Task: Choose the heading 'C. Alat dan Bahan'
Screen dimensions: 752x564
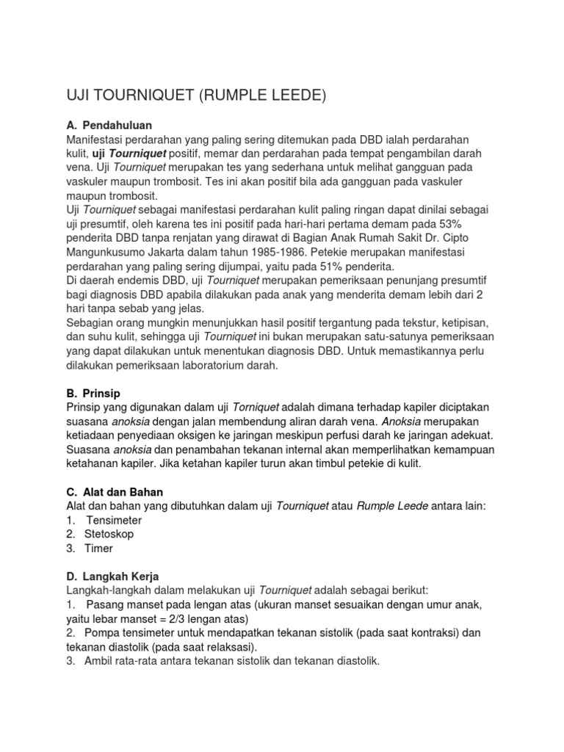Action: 115,491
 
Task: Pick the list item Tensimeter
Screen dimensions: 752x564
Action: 114,519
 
